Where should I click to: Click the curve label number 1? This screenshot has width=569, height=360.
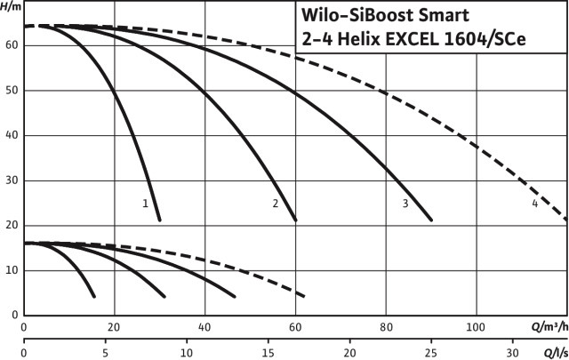[x=145, y=204]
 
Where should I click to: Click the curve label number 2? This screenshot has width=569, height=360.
[x=276, y=204]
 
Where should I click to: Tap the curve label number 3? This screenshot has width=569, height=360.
[x=405, y=204]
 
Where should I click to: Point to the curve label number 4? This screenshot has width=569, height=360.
[x=535, y=204]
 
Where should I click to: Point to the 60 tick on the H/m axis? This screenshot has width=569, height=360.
[x=12, y=45]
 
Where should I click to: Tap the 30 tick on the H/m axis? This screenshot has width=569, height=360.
[x=12, y=180]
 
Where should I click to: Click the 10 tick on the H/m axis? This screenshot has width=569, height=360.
[x=12, y=270]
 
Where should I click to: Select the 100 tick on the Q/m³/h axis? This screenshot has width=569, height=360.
[x=477, y=325]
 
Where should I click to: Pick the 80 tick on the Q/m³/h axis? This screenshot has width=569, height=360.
[x=386, y=325]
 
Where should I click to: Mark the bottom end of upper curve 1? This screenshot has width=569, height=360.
[x=160, y=220]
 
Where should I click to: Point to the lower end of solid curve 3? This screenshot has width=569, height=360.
[x=431, y=220]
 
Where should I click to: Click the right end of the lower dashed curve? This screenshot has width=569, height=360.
[x=305, y=296]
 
